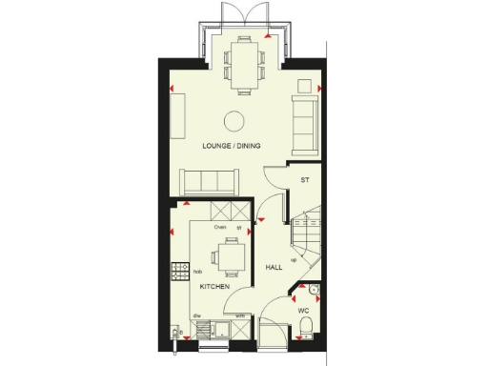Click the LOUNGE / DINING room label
[232, 146]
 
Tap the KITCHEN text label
[213, 287]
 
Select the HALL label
[274, 268]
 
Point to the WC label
[303, 311]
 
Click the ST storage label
[305, 179]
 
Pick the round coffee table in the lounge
[233, 119]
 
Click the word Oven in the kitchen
[219, 229]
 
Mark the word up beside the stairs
[293, 259]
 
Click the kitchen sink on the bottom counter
[214, 330]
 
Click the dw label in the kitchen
[196, 315]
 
